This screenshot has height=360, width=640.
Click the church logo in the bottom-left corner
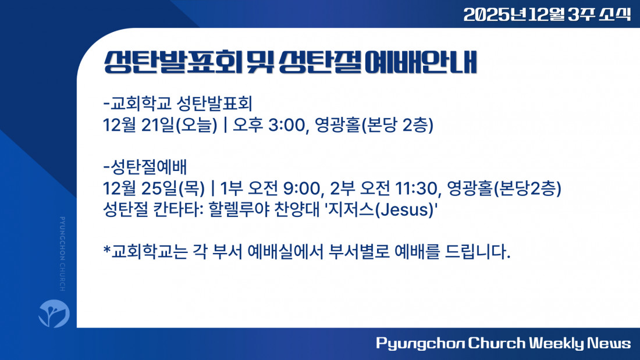point(54,313)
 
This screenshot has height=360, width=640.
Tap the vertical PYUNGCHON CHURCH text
point(62,254)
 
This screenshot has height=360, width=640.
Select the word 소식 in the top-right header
point(615,15)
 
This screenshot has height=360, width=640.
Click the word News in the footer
point(609,343)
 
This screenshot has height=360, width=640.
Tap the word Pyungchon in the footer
point(420,344)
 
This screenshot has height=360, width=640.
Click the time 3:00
point(286,125)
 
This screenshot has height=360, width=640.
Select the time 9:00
point(301,188)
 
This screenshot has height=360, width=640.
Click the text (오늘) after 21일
point(196,125)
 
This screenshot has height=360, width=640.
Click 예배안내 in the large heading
point(421,62)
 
